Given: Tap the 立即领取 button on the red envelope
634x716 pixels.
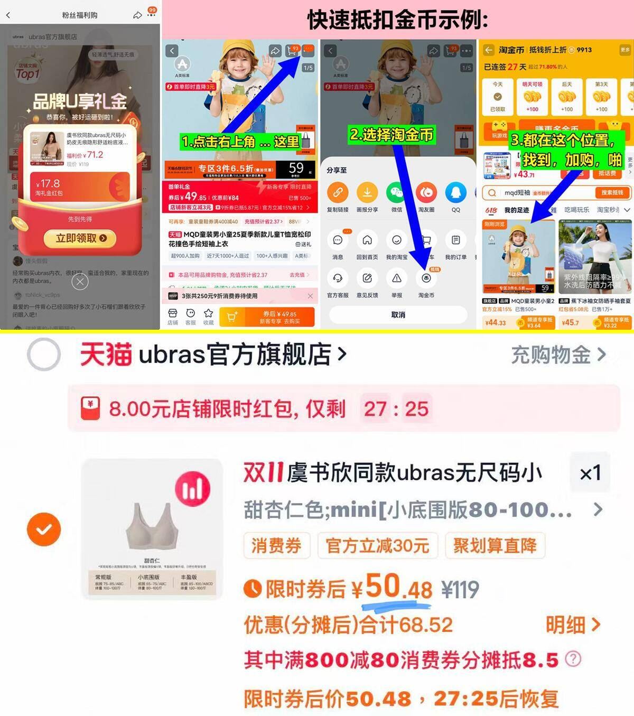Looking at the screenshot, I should (x=81, y=238).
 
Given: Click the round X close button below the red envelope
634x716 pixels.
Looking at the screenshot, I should (x=80, y=282).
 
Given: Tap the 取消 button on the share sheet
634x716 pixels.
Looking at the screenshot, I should (x=398, y=315).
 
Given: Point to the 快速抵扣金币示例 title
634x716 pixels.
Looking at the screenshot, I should (x=397, y=20).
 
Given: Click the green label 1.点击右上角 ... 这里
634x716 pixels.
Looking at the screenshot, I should (x=240, y=142).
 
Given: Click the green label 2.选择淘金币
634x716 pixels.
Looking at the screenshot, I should (x=391, y=135).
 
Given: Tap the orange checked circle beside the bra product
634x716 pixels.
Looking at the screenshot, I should (x=44, y=529).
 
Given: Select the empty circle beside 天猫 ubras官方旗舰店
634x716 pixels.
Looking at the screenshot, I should (x=44, y=355).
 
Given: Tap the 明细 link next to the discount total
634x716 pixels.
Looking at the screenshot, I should (x=572, y=625).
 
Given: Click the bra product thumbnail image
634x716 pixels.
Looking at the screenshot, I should (x=152, y=529).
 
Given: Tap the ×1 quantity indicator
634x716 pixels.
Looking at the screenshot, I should (x=590, y=473).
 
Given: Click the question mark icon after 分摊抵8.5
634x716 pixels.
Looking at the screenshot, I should (x=573, y=659).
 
